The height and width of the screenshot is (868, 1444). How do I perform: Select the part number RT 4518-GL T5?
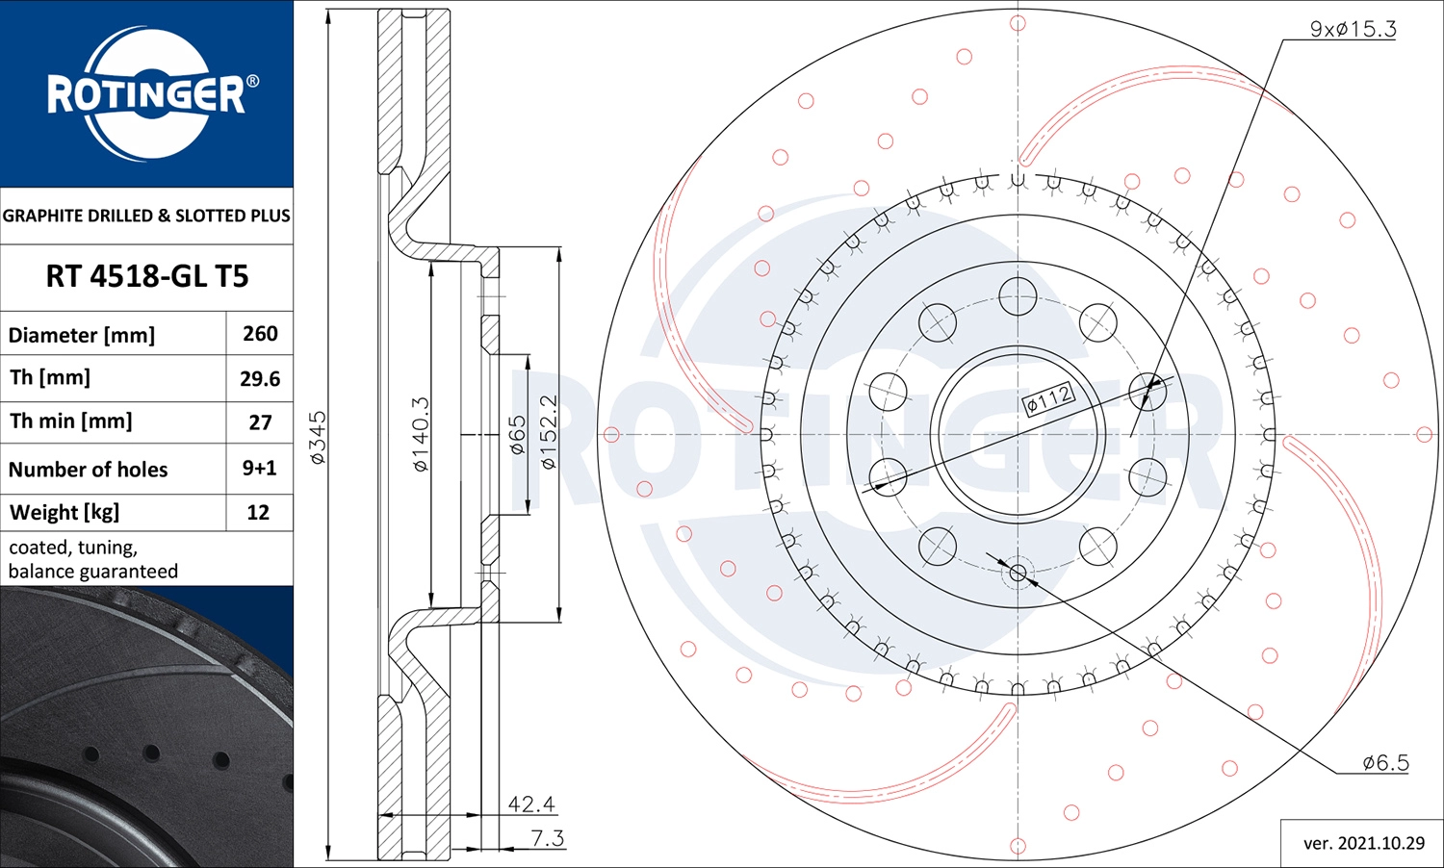click(147, 276)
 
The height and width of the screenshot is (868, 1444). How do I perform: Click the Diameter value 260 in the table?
click(261, 334)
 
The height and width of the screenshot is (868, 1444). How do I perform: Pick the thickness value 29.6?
click(261, 378)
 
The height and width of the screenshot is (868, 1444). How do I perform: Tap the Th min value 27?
click(261, 422)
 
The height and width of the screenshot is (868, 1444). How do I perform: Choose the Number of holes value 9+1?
click(259, 468)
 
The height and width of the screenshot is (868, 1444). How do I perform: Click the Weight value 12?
click(259, 512)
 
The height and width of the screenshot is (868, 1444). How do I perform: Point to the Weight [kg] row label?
click(64, 512)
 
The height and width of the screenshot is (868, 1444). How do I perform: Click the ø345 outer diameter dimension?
click(319, 438)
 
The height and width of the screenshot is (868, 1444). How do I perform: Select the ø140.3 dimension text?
click(421, 434)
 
